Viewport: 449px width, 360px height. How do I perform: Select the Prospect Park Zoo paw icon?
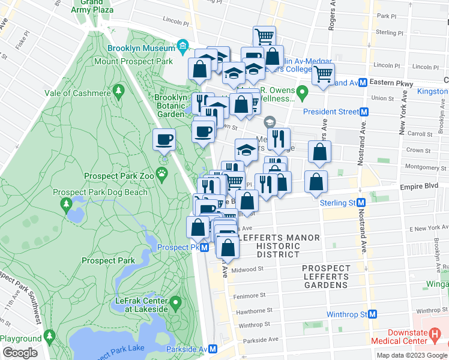point(163,174)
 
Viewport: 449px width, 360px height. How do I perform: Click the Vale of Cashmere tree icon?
point(119,91)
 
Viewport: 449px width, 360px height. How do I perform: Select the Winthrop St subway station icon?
point(372,314)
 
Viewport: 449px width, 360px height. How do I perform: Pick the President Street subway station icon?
point(363,112)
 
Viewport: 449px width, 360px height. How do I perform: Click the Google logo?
point(20,353)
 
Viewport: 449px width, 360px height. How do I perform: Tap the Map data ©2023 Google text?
point(411,355)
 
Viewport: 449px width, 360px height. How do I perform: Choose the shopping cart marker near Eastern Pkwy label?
point(323,75)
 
